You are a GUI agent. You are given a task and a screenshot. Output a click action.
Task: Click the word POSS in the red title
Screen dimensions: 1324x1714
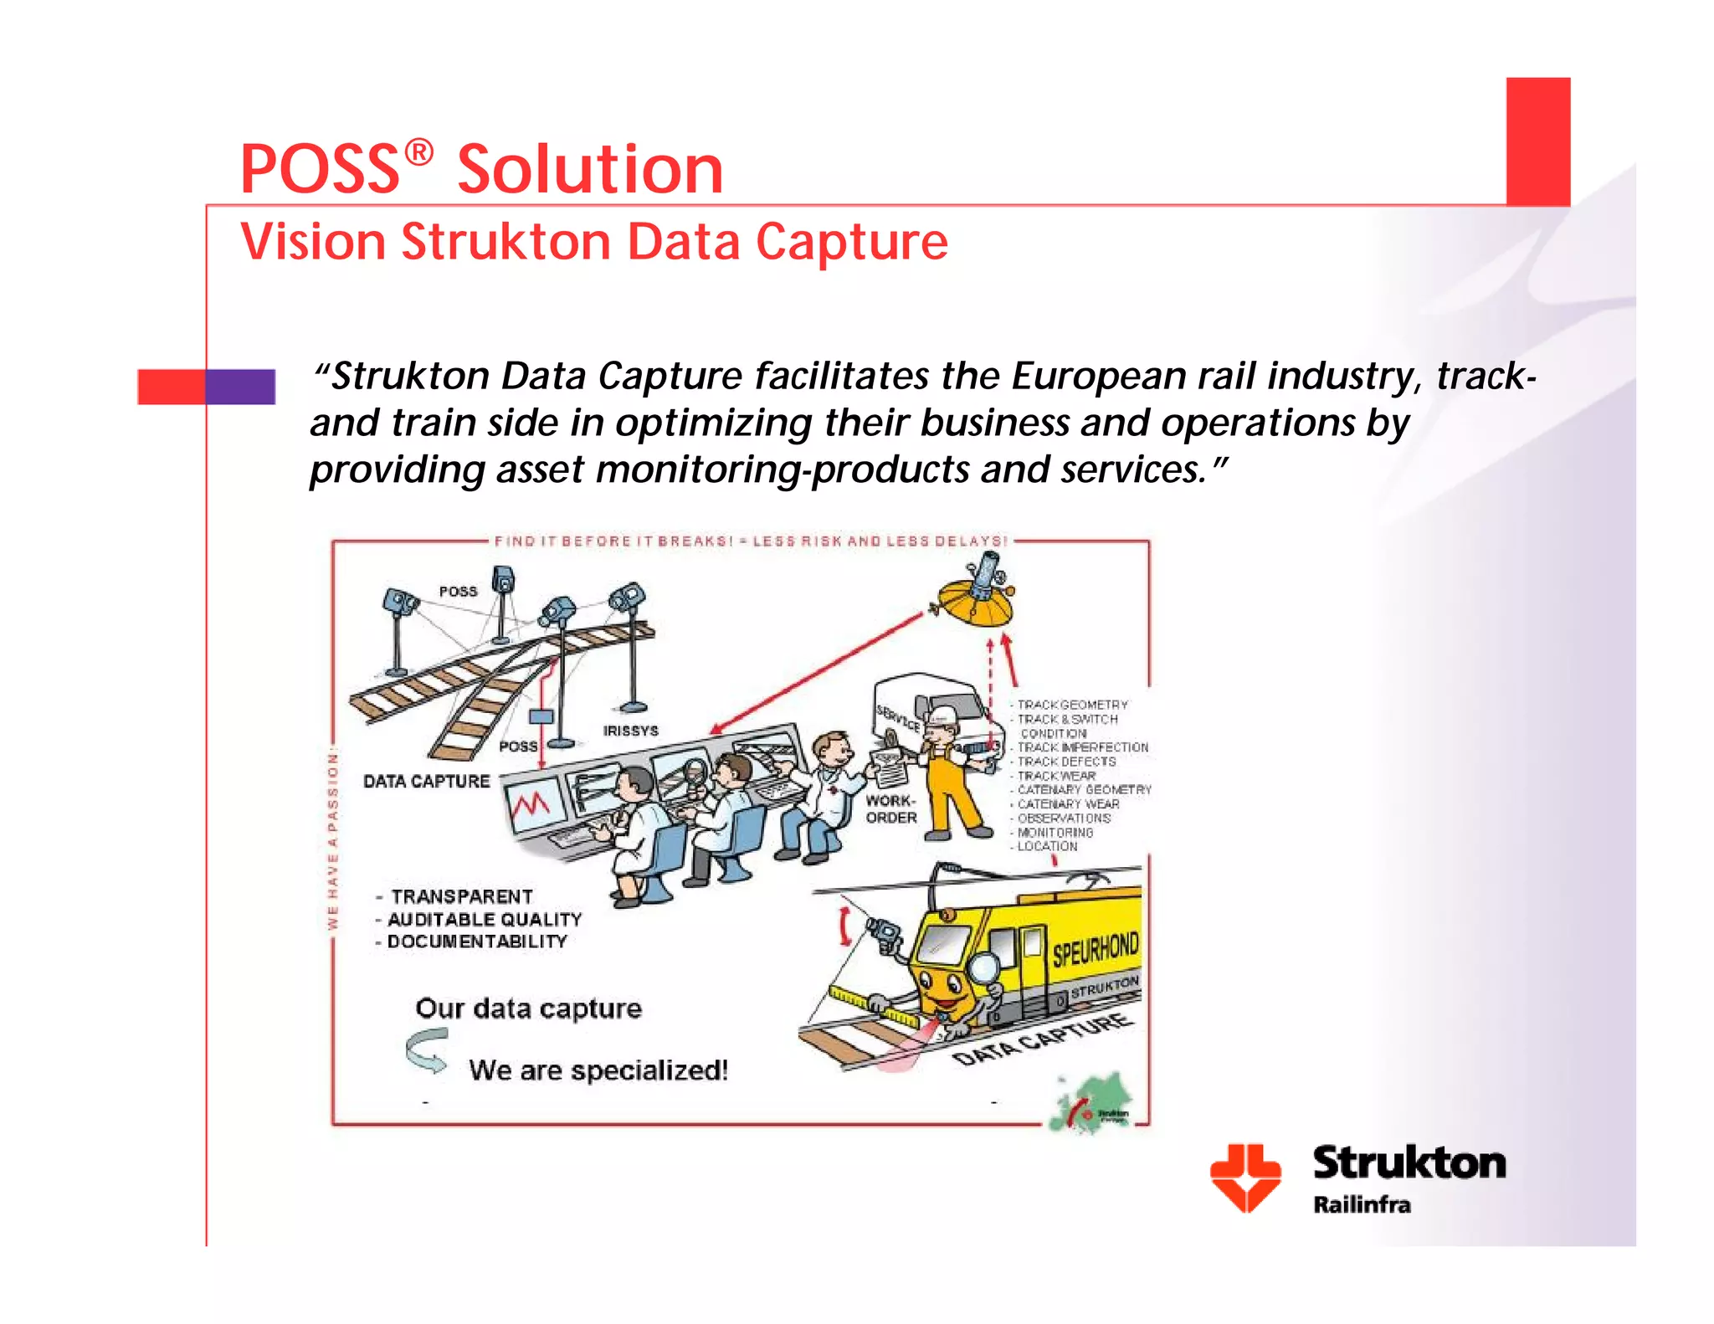pyautogui.click(x=320, y=170)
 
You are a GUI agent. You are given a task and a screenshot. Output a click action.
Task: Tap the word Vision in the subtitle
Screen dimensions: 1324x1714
pyautogui.click(x=312, y=242)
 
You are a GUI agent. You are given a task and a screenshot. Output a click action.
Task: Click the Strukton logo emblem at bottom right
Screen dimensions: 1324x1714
pyautogui.click(x=1245, y=1177)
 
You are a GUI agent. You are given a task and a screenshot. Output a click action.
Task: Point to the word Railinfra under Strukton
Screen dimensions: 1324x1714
pyautogui.click(x=1362, y=1205)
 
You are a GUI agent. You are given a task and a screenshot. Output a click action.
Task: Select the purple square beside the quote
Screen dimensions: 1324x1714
pyautogui.click(x=240, y=387)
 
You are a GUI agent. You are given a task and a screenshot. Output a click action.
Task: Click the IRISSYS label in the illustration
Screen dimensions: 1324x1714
pyautogui.click(x=630, y=731)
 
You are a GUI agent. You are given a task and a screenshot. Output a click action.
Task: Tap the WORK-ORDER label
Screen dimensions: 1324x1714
pyautogui.click(x=891, y=809)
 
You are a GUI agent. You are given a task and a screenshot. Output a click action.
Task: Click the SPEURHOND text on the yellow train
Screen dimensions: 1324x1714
pyautogui.click(x=1095, y=949)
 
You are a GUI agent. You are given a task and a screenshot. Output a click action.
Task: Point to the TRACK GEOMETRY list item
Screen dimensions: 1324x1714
pyautogui.click(x=1072, y=705)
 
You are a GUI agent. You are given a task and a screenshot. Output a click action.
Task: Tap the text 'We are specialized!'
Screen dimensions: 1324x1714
pyautogui.click(x=598, y=1070)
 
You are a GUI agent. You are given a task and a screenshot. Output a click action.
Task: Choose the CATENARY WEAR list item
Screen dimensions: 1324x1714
pyautogui.click(x=1068, y=803)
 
